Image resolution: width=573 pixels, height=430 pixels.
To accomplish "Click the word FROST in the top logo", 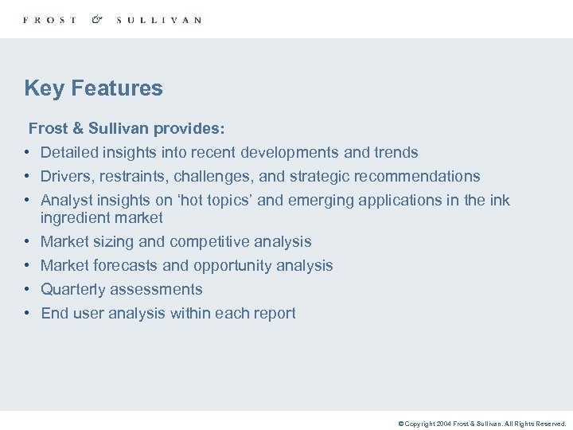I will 50,20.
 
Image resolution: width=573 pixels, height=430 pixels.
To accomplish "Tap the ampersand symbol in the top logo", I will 97,19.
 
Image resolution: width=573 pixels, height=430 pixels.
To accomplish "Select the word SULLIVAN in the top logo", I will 158,20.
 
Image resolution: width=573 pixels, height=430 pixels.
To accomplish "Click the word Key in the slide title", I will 43,88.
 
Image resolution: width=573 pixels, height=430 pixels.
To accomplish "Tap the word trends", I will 396,152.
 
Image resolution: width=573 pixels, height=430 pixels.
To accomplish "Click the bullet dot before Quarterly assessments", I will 26,289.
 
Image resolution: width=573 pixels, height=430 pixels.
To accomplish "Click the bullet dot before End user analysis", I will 26,313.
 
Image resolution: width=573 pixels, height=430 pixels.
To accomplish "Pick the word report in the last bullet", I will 273,313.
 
